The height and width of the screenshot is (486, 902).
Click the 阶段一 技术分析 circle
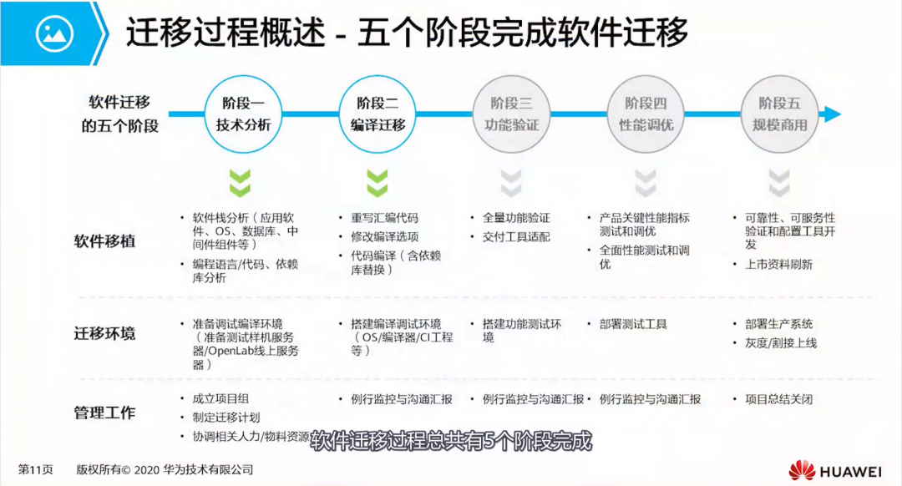click(x=241, y=114)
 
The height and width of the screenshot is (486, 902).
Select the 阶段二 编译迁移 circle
click(x=378, y=114)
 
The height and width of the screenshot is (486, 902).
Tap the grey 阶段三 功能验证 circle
click(x=512, y=114)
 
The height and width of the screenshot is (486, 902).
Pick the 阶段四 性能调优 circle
click(x=646, y=114)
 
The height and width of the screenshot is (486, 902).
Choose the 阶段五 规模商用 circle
click(x=779, y=114)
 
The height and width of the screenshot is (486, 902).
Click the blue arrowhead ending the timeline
click(x=832, y=114)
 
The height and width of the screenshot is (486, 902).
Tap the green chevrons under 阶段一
click(x=241, y=182)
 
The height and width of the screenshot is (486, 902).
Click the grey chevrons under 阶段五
click(x=779, y=182)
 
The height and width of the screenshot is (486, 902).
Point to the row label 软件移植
click(x=104, y=242)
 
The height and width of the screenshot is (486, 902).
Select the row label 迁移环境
click(x=104, y=334)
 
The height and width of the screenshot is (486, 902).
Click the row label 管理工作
click(x=104, y=413)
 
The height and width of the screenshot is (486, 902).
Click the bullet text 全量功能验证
click(x=516, y=217)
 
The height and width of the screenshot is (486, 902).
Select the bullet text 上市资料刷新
click(x=778, y=265)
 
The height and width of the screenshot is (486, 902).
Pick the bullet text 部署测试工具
click(x=633, y=324)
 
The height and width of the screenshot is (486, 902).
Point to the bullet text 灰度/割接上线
click(x=781, y=343)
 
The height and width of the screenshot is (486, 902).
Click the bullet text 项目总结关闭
click(x=778, y=399)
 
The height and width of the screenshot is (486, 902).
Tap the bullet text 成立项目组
click(x=221, y=399)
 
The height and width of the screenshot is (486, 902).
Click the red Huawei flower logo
click(x=803, y=470)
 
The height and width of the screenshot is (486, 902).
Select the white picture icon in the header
click(x=54, y=33)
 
